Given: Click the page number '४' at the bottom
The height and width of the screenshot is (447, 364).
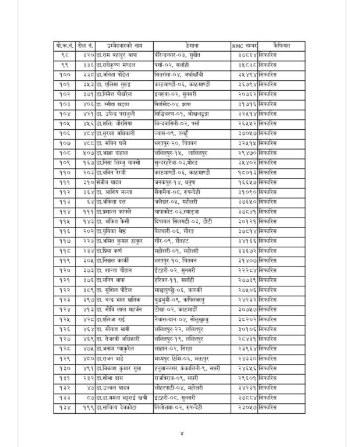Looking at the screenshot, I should (x=182, y=433).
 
